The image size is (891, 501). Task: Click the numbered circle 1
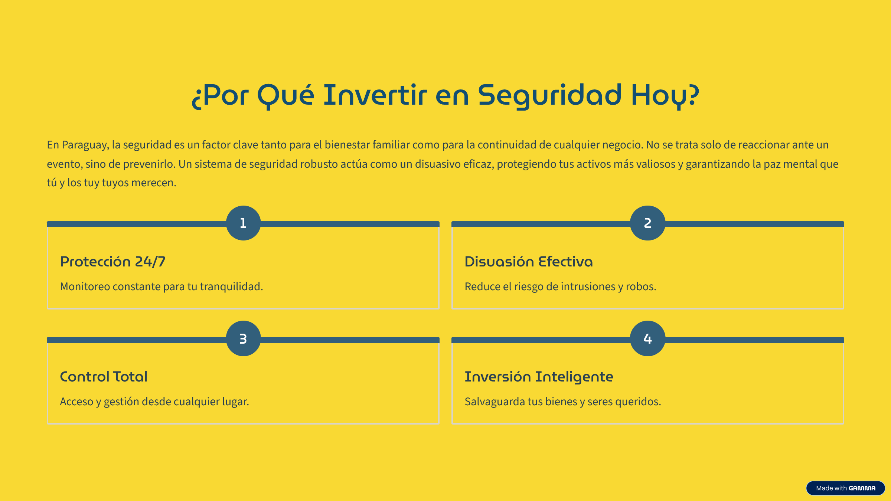click(243, 223)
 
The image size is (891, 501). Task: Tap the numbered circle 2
click(647, 223)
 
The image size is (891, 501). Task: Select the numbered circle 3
click(243, 338)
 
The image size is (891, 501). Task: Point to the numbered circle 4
click(647, 338)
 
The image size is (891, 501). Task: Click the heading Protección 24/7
click(112, 262)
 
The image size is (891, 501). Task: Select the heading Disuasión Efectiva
click(528, 262)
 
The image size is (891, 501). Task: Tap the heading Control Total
click(104, 377)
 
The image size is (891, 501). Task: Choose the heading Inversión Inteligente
click(539, 377)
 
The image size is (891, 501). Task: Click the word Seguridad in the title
click(549, 96)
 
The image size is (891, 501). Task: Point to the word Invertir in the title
click(375, 95)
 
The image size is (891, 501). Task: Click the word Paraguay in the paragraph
click(85, 145)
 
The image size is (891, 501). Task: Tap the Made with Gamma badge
click(845, 488)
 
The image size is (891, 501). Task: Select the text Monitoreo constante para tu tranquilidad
click(161, 286)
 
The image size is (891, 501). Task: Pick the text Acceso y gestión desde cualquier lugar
click(154, 402)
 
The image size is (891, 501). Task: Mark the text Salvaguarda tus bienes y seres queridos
click(563, 402)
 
